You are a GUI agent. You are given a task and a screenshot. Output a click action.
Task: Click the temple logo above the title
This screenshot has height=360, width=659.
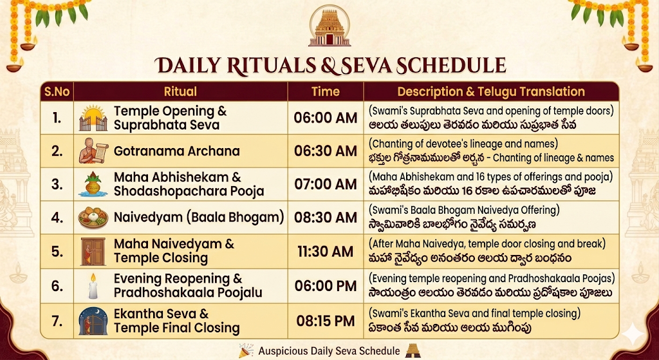329,26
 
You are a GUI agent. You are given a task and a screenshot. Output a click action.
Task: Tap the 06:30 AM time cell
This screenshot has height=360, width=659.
325,151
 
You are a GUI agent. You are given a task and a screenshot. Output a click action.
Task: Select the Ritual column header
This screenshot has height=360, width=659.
180,91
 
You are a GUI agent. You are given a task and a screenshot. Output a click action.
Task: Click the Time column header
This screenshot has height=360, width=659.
325,91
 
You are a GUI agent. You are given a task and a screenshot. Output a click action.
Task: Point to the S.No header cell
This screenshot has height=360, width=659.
57,91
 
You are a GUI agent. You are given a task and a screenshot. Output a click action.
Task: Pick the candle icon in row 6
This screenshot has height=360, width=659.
93,286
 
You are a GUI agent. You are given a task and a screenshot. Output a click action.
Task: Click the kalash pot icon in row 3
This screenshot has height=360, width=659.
93,184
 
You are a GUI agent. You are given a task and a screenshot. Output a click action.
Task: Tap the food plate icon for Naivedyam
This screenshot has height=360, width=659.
93,218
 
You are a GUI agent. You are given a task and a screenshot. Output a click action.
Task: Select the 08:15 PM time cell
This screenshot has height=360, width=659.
325,321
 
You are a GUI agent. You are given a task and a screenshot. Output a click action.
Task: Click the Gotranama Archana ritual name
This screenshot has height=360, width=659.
176,151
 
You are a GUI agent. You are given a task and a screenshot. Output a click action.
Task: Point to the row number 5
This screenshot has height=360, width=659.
57,252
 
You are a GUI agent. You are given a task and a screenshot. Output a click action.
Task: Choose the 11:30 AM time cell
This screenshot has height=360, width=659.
325,252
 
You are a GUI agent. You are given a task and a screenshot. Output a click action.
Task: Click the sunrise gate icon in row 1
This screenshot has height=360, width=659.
93,118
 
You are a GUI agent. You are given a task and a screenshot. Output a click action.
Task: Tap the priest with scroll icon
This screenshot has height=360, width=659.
93,151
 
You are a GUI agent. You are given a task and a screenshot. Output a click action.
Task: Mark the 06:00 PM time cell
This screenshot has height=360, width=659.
325,286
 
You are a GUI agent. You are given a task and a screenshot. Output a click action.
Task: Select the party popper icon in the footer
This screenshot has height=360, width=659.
246,350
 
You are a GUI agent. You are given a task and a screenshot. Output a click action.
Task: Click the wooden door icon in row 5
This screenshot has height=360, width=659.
93,252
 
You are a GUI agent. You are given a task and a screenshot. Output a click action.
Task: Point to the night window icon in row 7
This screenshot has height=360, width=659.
93,321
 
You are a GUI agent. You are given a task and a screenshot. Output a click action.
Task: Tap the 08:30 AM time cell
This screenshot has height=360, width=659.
325,218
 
